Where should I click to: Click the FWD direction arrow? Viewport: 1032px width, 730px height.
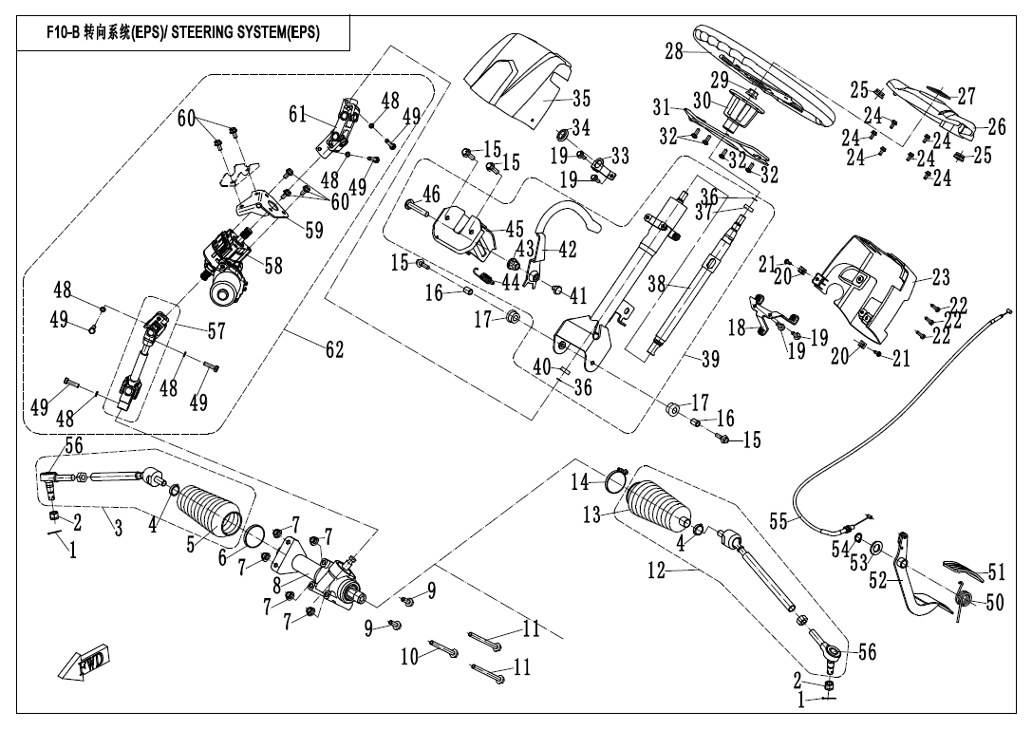point(83,661)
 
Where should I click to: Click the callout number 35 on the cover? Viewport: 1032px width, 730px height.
point(581,97)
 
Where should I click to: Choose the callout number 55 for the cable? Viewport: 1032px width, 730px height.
point(778,522)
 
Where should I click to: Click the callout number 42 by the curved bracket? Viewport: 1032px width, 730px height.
point(566,251)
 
